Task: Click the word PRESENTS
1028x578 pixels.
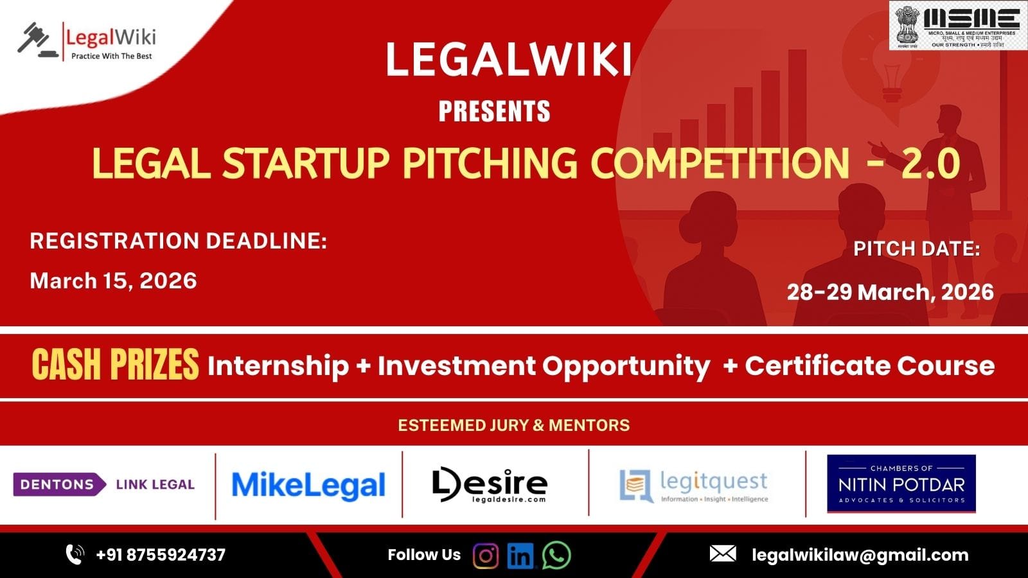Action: (494, 112)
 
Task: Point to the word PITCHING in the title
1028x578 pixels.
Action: (490, 163)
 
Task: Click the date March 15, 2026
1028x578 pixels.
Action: (113, 281)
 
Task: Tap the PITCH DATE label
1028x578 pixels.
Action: (916, 249)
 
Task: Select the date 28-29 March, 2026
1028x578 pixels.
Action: (890, 292)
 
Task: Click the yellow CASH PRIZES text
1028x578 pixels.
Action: (115, 365)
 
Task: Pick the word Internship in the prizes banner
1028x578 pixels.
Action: (278, 366)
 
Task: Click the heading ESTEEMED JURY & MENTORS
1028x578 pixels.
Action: (513, 425)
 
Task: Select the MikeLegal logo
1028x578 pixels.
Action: (308, 486)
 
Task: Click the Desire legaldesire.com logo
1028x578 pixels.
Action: (490, 485)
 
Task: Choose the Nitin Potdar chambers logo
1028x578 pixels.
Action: (901, 484)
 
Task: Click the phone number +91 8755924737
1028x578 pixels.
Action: (161, 555)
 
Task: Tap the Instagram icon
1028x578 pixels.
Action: (486, 556)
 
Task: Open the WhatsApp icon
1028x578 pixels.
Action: (556, 556)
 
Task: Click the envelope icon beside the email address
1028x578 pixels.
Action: (723, 554)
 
